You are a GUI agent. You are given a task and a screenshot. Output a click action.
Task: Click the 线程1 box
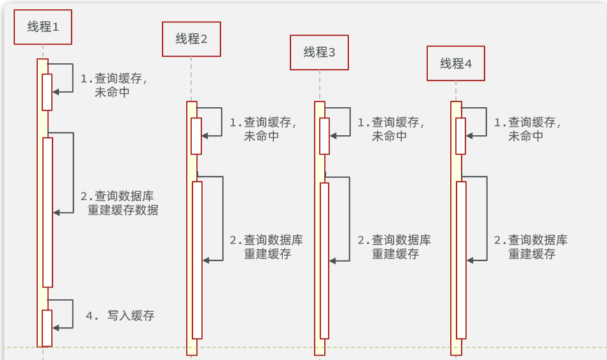coord(43,27)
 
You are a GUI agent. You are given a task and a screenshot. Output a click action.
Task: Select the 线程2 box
coord(192,39)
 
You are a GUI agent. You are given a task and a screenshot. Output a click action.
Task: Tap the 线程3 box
coord(319,52)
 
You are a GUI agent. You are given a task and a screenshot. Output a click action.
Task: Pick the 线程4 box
coord(456,64)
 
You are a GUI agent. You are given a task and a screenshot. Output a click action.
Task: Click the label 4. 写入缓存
coord(120,315)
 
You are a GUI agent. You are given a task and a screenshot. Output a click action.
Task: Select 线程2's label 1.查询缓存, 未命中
coord(263,128)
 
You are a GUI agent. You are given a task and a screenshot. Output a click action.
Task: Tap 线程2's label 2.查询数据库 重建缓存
coord(266,247)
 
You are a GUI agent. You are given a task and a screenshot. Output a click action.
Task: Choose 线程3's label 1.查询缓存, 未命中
coord(391,128)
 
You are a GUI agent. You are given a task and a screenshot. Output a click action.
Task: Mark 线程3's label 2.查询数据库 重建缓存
coord(394,247)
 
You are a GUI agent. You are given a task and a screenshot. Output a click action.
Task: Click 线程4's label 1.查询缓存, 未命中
coord(527,128)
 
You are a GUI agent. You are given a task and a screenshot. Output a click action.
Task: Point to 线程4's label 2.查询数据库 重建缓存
coord(531,247)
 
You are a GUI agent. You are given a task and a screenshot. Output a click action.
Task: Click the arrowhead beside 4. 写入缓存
coord(56,327)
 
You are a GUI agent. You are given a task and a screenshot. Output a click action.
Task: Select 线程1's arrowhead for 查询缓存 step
coord(56,92)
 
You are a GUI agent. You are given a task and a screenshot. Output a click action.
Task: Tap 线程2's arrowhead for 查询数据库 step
coord(206,260)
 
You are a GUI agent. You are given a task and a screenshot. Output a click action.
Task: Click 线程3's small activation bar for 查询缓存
coord(324,135)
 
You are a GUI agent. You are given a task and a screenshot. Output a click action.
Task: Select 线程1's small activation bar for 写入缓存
coord(47,328)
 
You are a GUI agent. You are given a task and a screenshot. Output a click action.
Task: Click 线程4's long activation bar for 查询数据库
coord(461,260)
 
